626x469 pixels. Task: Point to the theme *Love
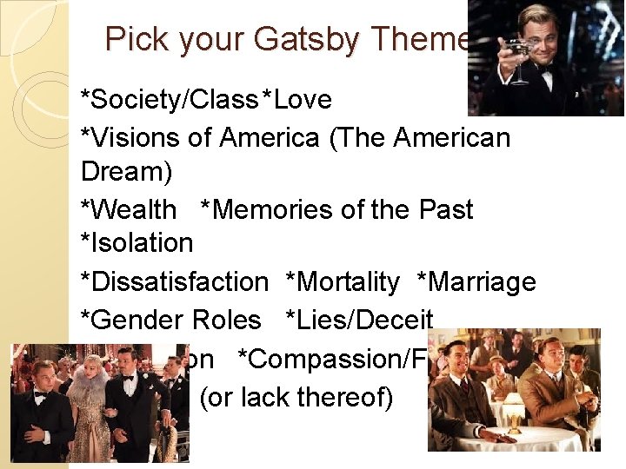[297, 100]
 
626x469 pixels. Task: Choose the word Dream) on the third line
[126, 171]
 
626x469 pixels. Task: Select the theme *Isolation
[137, 242]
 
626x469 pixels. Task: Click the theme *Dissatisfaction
[175, 281]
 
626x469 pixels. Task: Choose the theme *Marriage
[476, 281]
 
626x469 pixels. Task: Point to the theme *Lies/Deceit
[359, 320]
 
